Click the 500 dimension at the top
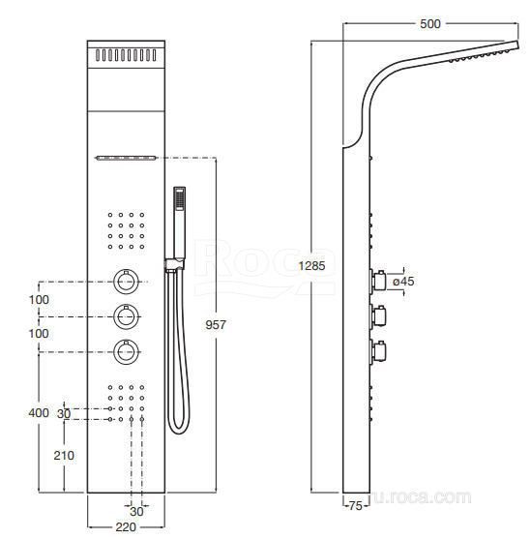(x=430, y=24)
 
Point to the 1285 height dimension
(x=311, y=266)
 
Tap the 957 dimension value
(x=216, y=325)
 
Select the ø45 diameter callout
(x=403, y=282)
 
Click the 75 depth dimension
(x=356, y=506)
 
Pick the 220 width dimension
(x=126, y=527)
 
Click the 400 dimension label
(x=39, y=412)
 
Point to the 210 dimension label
(x=64, y=456)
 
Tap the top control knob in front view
(x=126, y=282)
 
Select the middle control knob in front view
(x=126, y=316)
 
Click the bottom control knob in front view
(x=126, y=352)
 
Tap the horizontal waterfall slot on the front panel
(x=126, y=158)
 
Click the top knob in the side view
(x=378, y=281)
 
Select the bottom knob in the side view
(x=378, y=351)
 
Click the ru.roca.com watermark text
(x=422, y=497)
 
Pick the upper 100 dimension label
(x=39, y=300)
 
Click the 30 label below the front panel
(x=136, y=512)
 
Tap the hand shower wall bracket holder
(x=174, y=265)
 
